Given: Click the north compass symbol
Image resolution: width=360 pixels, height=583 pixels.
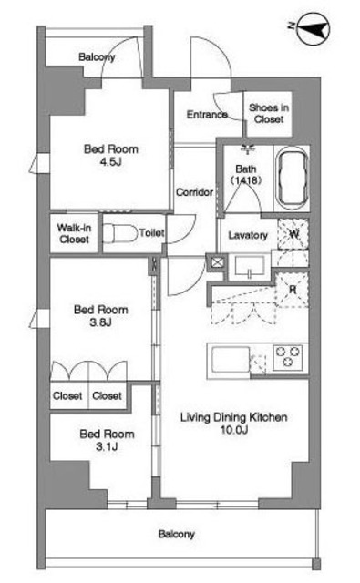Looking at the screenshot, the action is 314,29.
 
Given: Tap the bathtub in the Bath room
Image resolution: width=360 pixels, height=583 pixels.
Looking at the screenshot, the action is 293,179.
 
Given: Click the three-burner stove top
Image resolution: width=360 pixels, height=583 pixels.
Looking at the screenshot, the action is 287,356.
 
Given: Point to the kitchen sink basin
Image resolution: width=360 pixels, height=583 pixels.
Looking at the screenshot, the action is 231,360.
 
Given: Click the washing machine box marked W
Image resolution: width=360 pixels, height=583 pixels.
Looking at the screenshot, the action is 293,234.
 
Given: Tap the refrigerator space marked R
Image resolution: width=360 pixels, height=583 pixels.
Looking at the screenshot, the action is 293,290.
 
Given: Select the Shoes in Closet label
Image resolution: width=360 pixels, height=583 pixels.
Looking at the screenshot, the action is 269,113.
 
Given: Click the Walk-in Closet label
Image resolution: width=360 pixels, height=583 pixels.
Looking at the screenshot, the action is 74,233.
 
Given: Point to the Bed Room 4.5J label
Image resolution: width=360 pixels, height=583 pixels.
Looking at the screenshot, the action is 111,155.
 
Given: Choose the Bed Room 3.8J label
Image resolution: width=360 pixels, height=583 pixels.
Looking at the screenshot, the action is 101,316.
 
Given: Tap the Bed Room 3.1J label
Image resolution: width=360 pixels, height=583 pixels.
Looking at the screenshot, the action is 107,440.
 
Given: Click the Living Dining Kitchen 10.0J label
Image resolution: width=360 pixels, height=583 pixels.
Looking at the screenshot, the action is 233,423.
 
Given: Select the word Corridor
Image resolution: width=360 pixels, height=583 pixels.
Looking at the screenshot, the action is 194,192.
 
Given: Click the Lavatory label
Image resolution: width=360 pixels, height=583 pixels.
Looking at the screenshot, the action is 248,235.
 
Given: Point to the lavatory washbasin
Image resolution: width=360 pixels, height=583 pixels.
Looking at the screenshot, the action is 250,267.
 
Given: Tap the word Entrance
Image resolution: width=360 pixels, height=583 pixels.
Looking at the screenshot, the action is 207,114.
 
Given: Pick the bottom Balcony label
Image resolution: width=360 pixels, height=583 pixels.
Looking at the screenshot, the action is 176,534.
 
